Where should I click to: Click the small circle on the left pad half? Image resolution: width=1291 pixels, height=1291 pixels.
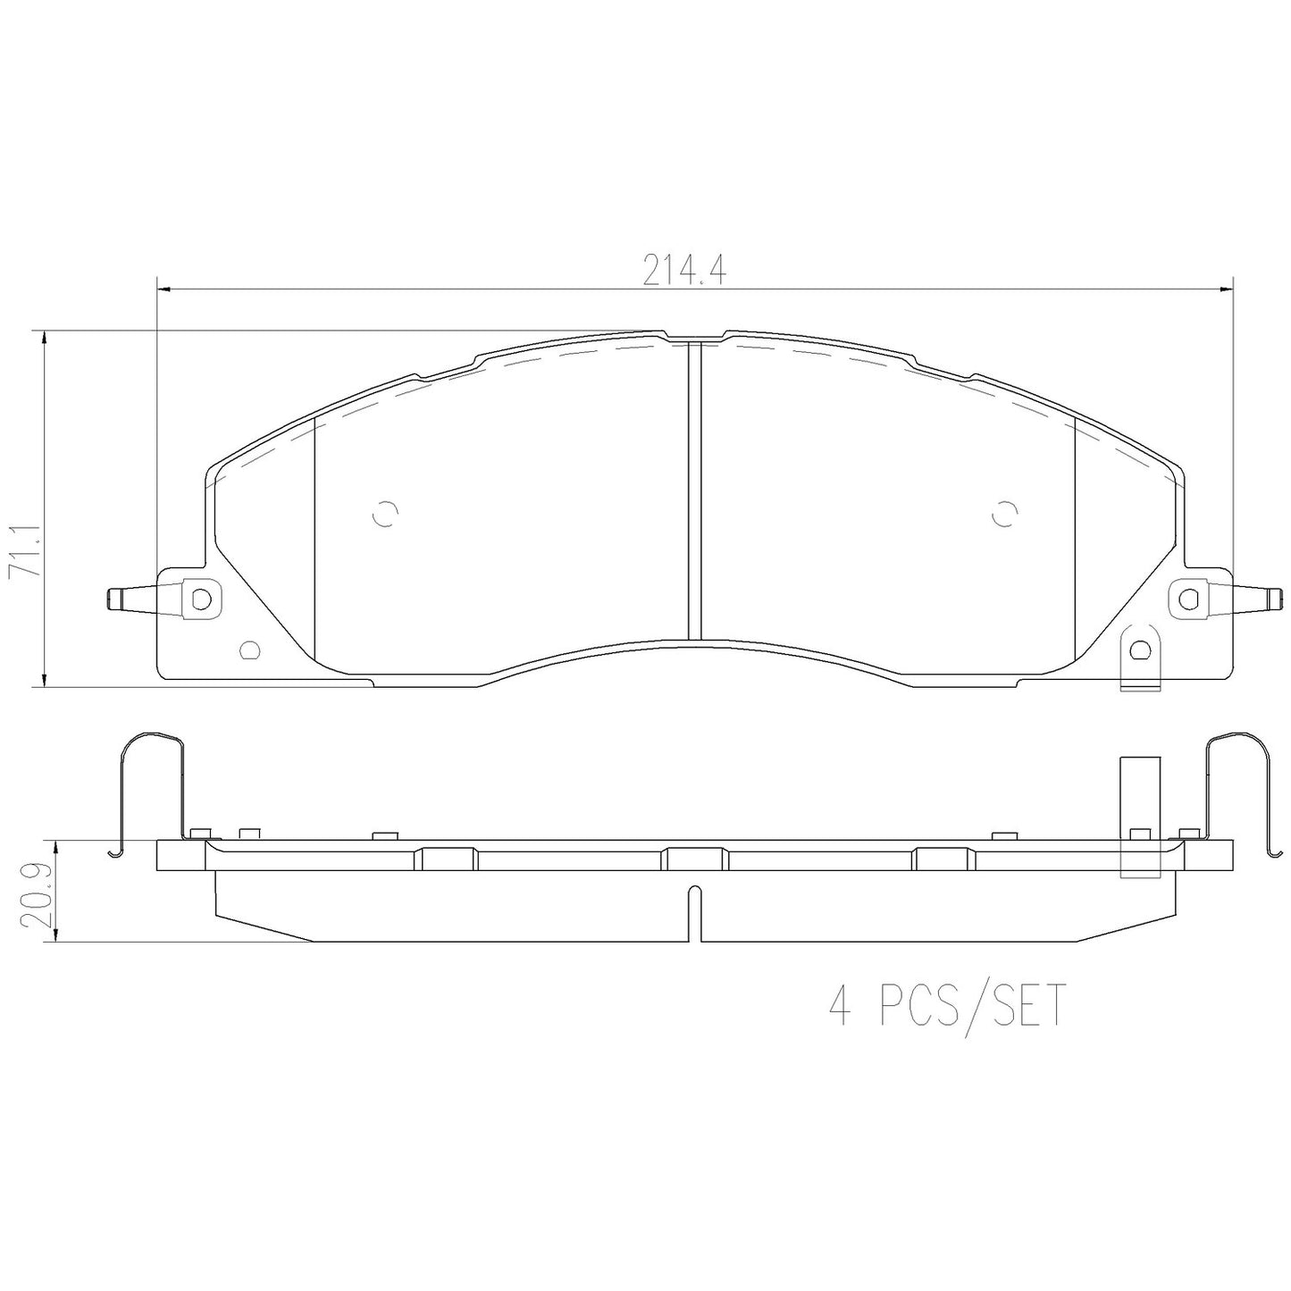(x=385, y=514)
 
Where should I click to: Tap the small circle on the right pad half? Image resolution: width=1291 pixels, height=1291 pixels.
(x=1003, y=514)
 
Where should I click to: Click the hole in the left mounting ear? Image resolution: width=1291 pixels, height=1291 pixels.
(x=200, y=598)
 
